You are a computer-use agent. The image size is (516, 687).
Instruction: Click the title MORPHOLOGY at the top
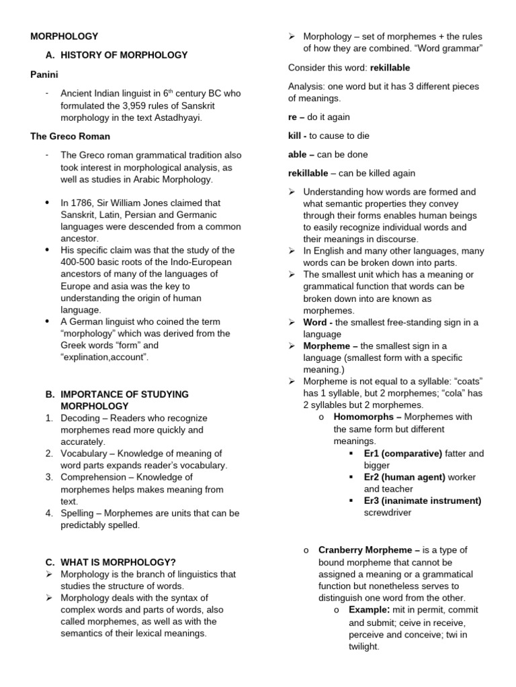click(64, 36)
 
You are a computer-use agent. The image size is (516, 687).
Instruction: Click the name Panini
click(44, 74)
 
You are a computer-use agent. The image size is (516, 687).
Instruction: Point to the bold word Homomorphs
click(363, 417)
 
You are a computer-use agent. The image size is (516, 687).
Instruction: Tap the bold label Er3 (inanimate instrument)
click(422, 500)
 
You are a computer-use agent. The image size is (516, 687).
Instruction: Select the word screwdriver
click(388, 513)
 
